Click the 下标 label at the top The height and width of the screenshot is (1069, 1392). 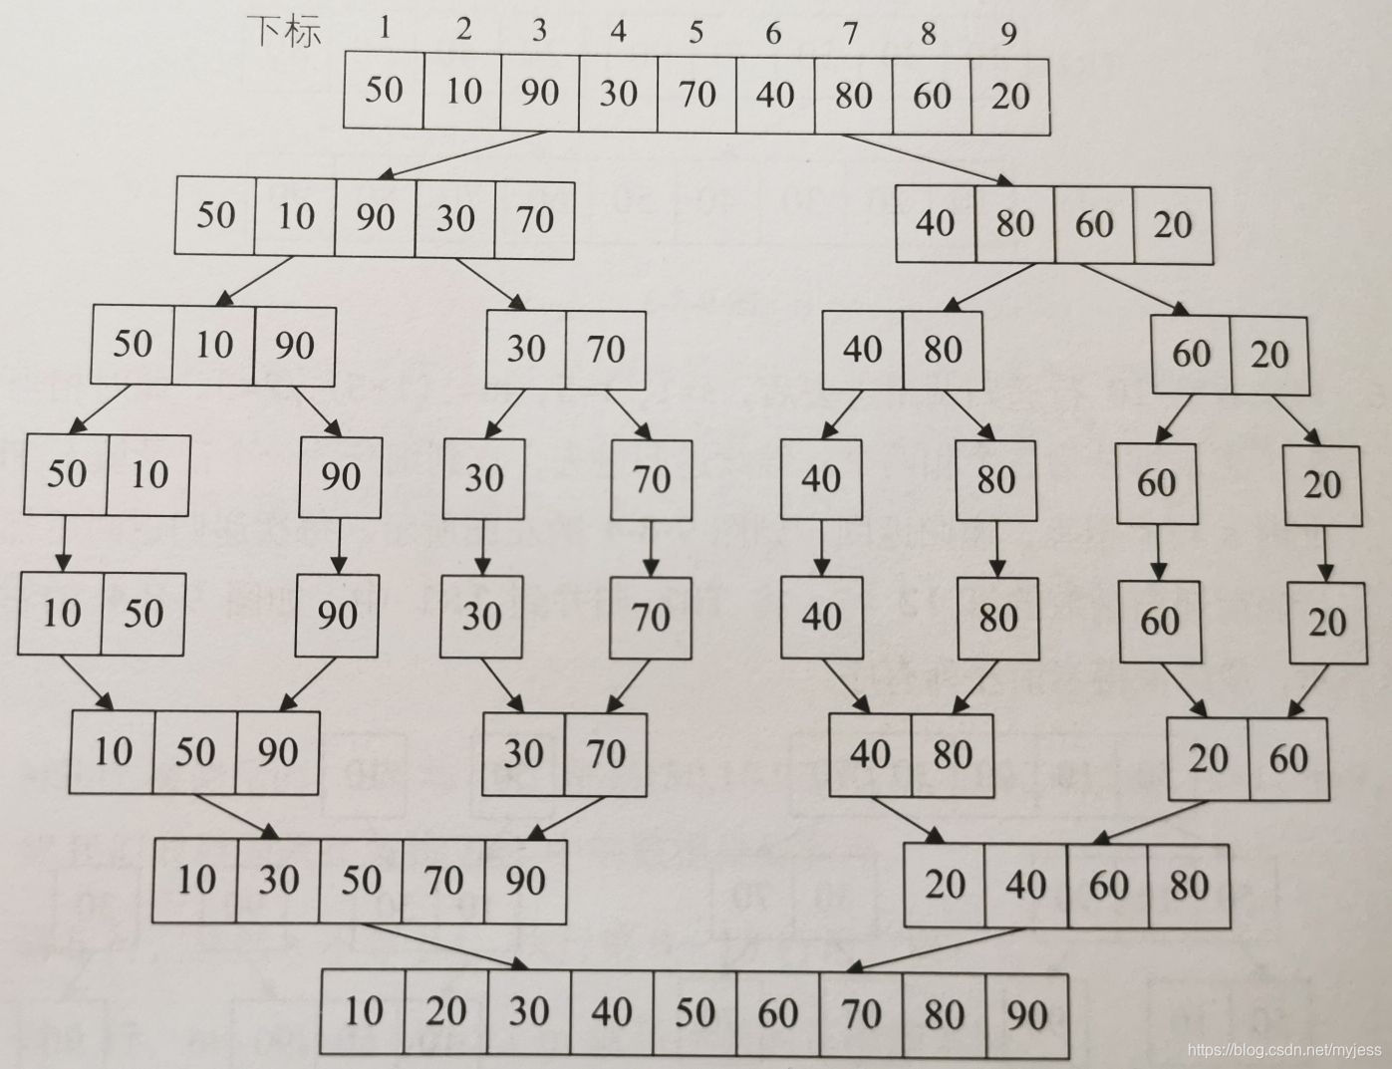pyautogui.click(x=285, y=31)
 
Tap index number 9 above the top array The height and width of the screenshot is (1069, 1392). pyautogui.click(x=1008, y=34)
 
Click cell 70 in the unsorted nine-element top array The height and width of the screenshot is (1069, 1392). pyautogui.click(x=696, y=94)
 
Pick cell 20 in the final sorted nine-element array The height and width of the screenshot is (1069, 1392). pyautogui.click(x=446, y=1012)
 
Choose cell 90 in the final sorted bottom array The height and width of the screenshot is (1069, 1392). pyautogui.click(x=1026, y=1015)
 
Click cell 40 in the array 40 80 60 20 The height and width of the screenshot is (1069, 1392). pyautogui.click(x=935, y=223)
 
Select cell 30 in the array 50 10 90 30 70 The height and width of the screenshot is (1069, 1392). pyautogui.click(x=455, y=218)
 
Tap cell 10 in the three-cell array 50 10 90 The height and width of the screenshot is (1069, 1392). pyautogui.click(x=213, y=345)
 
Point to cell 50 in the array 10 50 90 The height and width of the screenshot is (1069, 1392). pyautogui.click(x=194, y=752)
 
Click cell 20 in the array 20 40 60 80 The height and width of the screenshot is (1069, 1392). pyautogui.click(x=945, y=885)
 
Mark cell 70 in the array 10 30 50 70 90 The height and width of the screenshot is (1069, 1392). pyautogui.click(x=443, y=880)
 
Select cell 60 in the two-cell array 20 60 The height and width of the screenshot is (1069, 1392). pyautogui.click(x=1288, y=759)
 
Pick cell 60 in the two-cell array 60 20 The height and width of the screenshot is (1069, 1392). pyautogui.click(x=1191, y=354)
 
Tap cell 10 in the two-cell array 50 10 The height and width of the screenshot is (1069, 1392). pyautogui.click(x=148, y=474)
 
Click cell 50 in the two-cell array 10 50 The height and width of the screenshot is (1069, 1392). pyautogui.click(x=143, y=614)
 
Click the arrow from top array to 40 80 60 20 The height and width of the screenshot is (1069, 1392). pyautogui.click(x=922, y=159)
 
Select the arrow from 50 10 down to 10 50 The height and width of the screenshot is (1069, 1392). pyautogui.click(x=65, y=544)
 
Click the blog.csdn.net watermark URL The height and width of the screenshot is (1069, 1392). pyautogui.click(x=1286, y=1050)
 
